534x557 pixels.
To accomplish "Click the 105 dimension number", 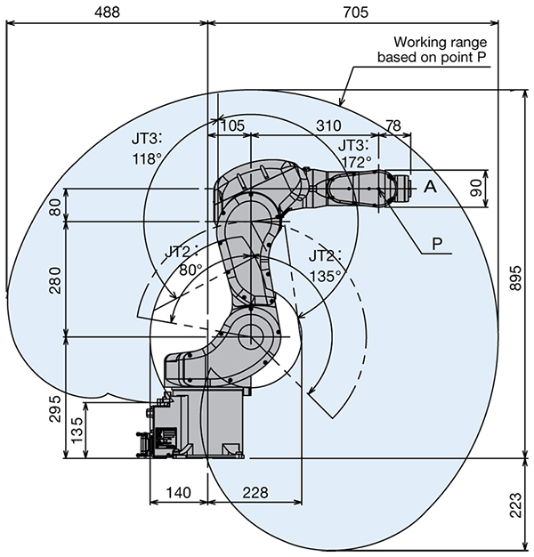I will point(230,125).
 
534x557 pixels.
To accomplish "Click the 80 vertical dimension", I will point(57,206).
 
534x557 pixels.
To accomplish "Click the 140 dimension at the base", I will point(178,493).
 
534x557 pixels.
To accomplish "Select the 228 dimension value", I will point(255,493).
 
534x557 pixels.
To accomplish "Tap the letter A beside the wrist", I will point(430,187).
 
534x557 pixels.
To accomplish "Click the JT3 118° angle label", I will point(146,149).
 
